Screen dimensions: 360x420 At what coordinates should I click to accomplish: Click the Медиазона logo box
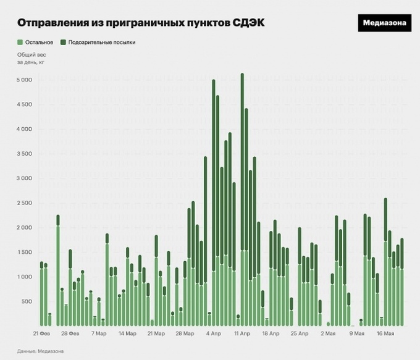click(384, 23)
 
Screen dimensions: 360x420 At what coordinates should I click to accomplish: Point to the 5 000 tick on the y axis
click(23, 80)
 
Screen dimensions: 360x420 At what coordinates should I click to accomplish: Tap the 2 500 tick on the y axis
click(23, 203)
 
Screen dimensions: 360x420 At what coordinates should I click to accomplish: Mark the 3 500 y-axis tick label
click(23, 154)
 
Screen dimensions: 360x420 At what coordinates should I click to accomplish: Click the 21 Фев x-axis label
click(43, 333)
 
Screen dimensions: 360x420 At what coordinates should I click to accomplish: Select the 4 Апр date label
click(212, 333)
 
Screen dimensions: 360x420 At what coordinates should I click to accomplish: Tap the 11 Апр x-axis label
click(241, 333)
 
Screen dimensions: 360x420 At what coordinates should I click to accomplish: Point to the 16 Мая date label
click(385, 333)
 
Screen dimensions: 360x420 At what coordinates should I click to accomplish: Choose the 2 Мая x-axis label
click(329, 333)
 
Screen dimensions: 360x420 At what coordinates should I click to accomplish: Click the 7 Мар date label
click(99, 333)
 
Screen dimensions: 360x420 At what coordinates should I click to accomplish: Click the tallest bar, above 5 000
click(242, 198)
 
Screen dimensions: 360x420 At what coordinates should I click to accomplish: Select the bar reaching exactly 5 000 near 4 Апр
click(213, 204)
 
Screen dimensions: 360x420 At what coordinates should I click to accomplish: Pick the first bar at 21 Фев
click(41, 294)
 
